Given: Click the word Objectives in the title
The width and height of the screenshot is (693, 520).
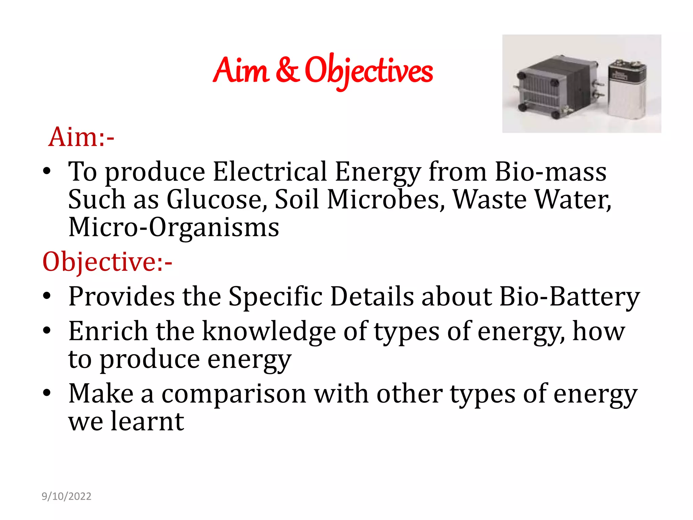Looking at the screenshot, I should (x=369, y=70).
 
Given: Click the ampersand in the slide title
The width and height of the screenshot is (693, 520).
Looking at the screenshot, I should (x=287, y=70).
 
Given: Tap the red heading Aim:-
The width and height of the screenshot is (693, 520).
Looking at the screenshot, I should (x=81, y=137).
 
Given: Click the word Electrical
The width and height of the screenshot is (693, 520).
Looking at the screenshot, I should (x=270, y=172).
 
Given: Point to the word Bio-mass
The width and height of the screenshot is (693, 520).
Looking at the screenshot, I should (x=551, y=172).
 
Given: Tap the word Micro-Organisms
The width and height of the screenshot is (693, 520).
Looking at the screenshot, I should (x=174, y=227).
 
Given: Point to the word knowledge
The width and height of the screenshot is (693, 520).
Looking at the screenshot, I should (x=269, y=331).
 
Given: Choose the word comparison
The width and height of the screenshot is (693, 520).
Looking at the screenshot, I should (x=234, y=394).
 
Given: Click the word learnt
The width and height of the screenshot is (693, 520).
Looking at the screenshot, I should (x=148, y=422).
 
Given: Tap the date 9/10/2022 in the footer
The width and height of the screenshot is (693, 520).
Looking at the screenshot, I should (x=66, y=496).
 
